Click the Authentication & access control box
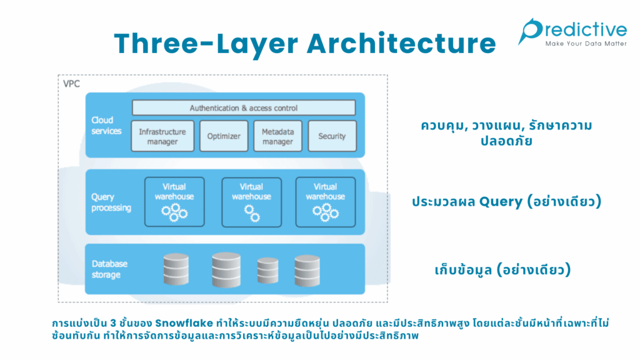point(244,108)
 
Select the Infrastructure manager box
point(162,136)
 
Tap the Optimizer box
point(224,136)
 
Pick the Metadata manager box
point(277,136)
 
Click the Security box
point(332,136)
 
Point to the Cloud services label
point(106,126)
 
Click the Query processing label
point(110,202)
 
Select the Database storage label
point(106,269)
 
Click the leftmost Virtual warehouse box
point(174,201)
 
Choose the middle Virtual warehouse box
point(251,201)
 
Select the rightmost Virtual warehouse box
point(325,201)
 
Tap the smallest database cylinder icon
point(267,271)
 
